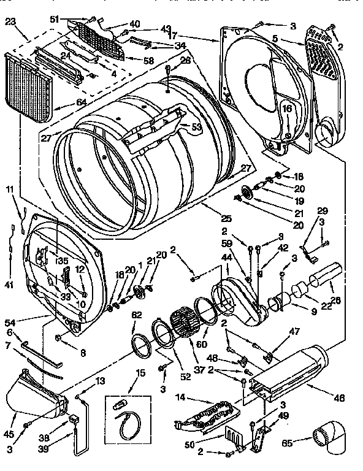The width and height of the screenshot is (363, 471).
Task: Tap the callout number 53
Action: (x=196, y=127)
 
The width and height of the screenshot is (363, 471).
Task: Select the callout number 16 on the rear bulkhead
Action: (x=286, y=109)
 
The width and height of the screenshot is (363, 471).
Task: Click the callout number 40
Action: (x=134, y=24)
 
